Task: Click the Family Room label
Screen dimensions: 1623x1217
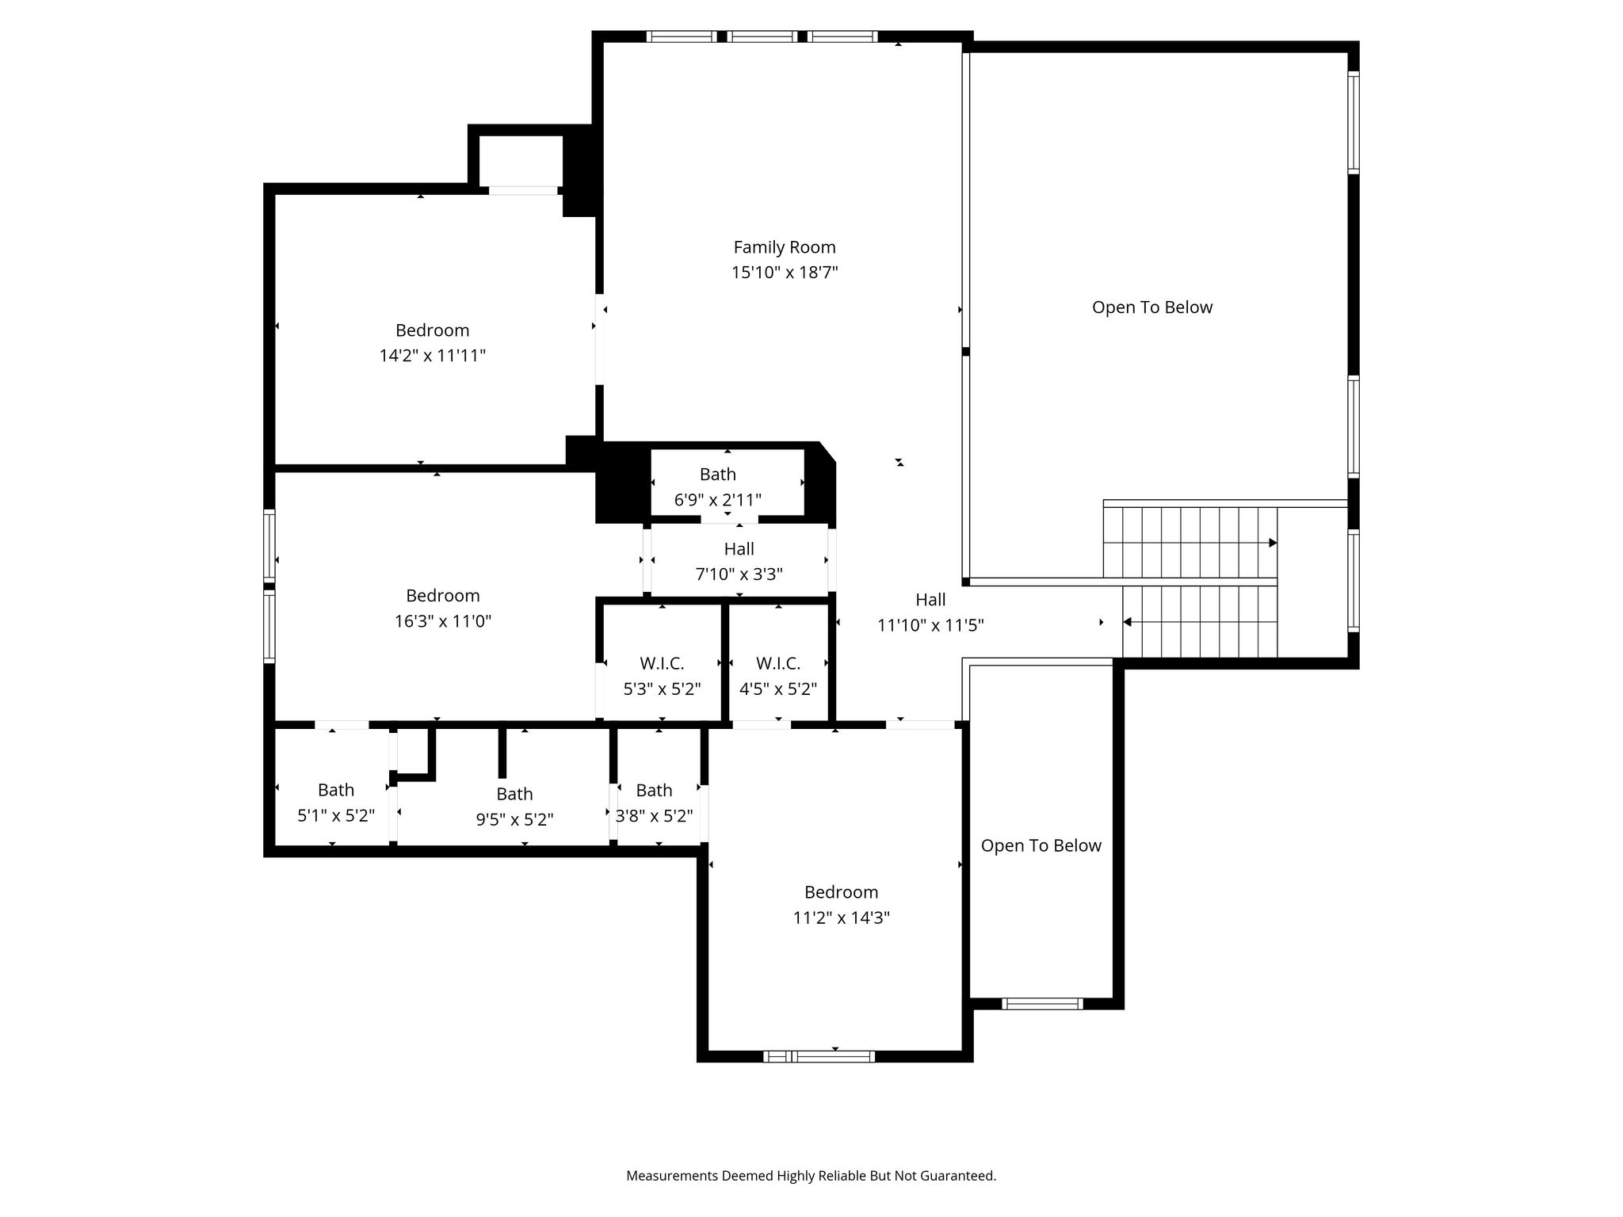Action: (785, 247)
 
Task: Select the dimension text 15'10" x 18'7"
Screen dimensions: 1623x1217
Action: (785, 273)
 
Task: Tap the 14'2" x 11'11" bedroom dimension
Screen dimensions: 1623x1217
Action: (433, 356)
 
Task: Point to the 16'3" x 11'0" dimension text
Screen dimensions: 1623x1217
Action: (443, 621)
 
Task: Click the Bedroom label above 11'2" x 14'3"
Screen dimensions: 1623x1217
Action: (841, 892)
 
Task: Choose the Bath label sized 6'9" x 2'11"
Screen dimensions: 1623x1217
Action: (718, 475)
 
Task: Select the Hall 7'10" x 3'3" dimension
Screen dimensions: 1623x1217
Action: (739, 574)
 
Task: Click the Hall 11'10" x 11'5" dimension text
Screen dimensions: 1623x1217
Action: (930, 625)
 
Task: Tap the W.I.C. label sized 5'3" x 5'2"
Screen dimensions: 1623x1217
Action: (662, 664)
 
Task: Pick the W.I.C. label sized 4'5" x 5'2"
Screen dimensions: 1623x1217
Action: (778, 664)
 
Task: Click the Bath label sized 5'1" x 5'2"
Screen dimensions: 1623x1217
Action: (336, 790)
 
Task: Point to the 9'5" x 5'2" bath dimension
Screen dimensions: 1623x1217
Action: (514, 819)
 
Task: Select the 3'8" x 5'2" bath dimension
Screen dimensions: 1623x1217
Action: (655, 815)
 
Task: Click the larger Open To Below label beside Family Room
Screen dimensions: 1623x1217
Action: (1152, 307)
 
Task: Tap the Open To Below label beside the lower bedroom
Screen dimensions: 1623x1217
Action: (1041, 845)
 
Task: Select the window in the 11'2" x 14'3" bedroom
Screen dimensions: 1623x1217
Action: (819, 1056)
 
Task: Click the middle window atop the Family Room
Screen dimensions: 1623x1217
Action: (762, 36)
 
